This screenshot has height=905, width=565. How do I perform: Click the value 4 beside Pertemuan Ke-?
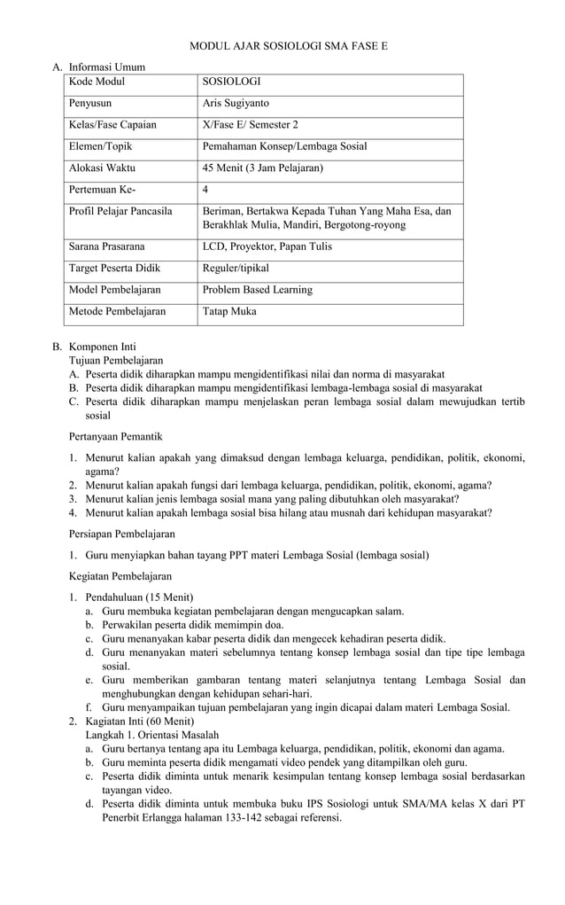point(205,190)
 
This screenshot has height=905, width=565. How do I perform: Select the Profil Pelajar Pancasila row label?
point(120,211)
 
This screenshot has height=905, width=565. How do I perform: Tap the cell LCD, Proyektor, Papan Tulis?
point(267,246)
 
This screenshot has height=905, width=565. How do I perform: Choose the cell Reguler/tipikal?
point(235,268)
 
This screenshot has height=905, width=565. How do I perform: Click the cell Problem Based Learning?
point(257,290)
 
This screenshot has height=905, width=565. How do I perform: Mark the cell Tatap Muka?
point(228,311)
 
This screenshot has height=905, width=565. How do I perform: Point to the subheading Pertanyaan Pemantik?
point(116,436)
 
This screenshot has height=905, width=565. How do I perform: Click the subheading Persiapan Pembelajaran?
point(121,534)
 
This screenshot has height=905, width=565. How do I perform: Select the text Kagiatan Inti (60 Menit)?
point(142,722)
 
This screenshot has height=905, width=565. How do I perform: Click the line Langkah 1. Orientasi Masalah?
point(151,735)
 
